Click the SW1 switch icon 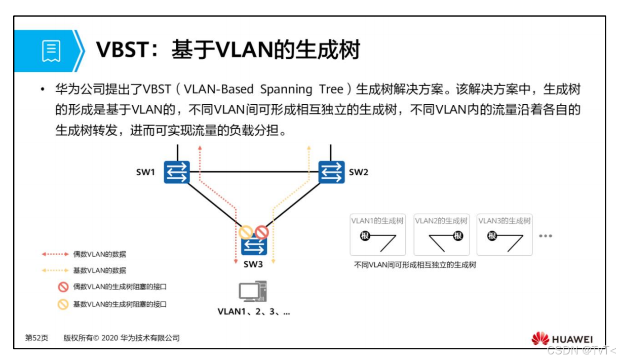point(176,172)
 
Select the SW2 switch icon point(331,172)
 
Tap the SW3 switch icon point(254,247)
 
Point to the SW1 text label point(145,172)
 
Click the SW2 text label point(359,172)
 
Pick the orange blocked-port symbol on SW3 point(246,232)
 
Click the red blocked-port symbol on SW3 point(261,232)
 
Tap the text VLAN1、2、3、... point(254,312)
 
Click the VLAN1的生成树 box point(378,234)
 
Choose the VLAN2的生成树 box point(441,234)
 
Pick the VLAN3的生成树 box point(505,234)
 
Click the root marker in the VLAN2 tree point(458,235)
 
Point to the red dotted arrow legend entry point(55,254)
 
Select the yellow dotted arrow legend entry point(55,270)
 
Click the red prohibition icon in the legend point(63,287)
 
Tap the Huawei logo point(562,339)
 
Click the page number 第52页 point(37,338)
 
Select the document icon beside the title point(51,51)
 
